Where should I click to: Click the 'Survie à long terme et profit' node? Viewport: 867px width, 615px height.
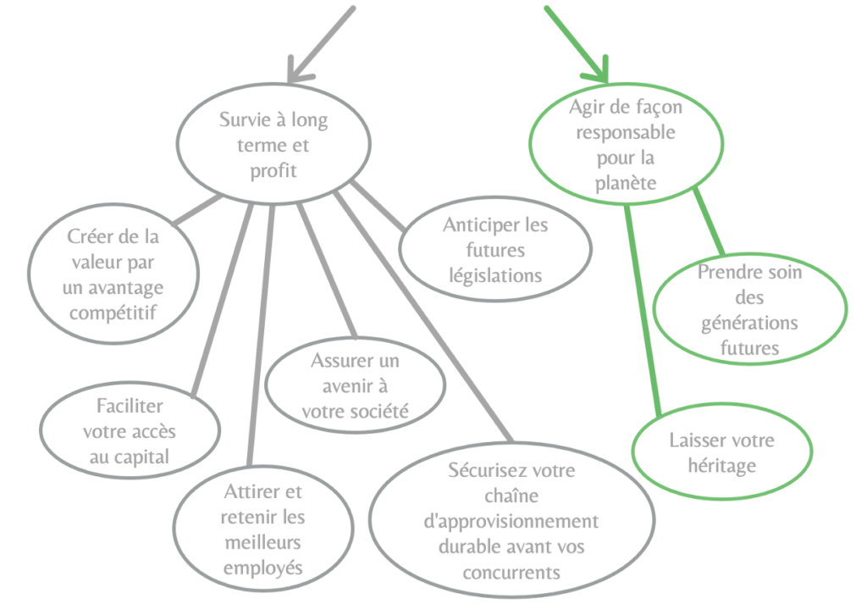[273, 145]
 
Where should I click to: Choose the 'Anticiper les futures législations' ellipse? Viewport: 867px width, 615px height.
[494, 251]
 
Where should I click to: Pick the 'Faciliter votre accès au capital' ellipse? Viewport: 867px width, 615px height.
[130, 432]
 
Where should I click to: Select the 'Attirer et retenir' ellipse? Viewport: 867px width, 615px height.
[263, 529]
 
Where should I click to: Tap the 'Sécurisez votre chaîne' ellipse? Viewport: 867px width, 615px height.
[511, 521]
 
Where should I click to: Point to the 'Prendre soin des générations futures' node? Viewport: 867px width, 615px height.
[749, 310]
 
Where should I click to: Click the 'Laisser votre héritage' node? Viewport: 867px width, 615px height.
[721, 453]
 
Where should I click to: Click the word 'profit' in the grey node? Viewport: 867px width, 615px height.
[273, 170]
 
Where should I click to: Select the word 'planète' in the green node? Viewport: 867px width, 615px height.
[626, 183]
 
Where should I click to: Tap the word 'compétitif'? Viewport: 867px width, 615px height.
[115, 312]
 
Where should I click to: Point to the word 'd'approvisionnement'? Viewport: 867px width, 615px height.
[511, 521]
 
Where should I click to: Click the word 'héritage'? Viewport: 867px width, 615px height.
[722, 465]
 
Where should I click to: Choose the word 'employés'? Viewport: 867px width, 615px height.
[263, 567]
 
